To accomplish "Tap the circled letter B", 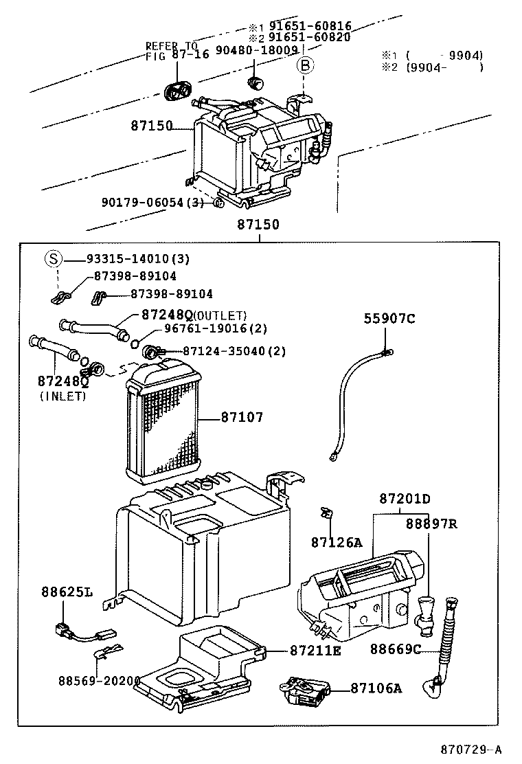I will coord(304,66).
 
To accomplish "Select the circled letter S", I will coord(54,259).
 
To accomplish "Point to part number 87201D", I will coord(405,498).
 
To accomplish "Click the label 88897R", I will coord(431,524).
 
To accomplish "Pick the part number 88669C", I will coord(395,649).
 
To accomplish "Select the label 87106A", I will coord(376,687).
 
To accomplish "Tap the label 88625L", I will coord(67,592).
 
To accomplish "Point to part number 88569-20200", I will coord(99,680).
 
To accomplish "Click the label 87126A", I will coord(336,542).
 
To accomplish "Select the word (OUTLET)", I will coord(220,315).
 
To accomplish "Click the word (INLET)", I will coord(63,396).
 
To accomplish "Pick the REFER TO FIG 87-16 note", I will coord(172,50).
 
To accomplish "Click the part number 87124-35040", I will coord(216,351).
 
